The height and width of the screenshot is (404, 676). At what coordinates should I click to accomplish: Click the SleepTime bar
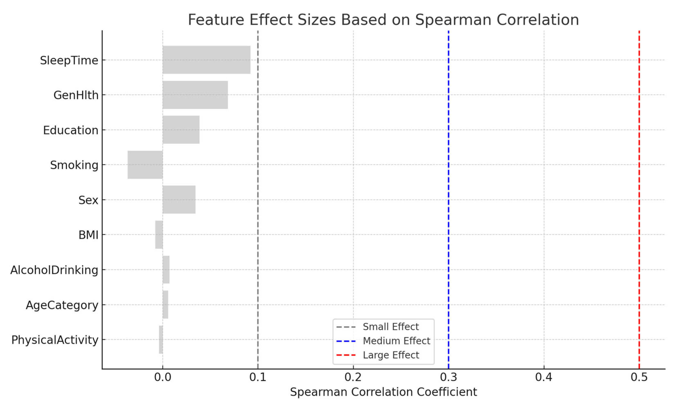[x=206, y=60]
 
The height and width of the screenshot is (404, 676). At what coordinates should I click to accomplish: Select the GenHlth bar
[x=195, y=95]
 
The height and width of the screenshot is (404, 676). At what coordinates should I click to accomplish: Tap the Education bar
[x=181, y=129]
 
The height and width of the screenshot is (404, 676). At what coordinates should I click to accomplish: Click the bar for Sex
[x=179, y=200]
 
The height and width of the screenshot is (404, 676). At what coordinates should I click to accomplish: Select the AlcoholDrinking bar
[x=166, y=270]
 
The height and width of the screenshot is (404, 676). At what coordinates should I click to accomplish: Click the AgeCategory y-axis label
[x=62, y=305]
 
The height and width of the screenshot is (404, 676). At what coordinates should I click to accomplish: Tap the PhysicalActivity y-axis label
[x=55, y=340]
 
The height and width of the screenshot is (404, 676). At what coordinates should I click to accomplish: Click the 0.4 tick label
[x=543, y=377]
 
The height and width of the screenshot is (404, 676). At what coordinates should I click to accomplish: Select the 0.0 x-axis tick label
[x=163, y=377]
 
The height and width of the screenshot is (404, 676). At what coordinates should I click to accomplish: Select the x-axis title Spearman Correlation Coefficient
[x=383, y=392]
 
